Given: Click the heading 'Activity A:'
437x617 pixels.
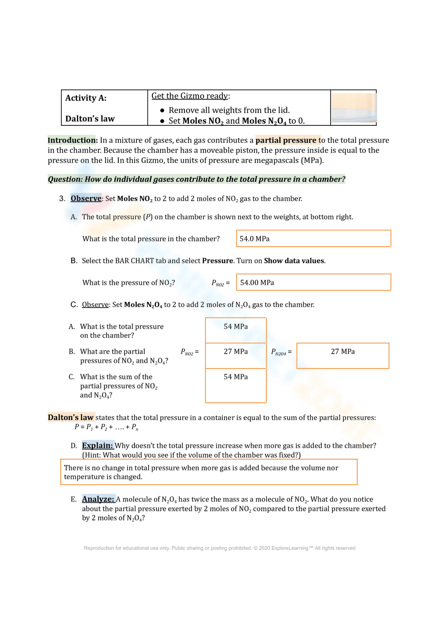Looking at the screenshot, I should click(86, 98).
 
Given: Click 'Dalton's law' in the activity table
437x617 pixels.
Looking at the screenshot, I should click(90, 119).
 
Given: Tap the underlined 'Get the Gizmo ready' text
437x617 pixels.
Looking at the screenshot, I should click(190, 96).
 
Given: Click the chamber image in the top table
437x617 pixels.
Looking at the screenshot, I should click(353, 107).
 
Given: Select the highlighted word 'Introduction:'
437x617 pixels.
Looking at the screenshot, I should click(72, 140).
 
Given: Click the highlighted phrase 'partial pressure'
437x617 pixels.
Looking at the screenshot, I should click(286, 140).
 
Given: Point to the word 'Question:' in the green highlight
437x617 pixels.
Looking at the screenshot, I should click(65, 179).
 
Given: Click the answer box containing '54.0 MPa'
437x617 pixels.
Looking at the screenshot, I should click(313, 238).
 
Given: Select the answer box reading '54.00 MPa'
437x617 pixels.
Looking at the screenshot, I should click(313, 283).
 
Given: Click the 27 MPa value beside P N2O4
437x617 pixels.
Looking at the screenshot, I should click(343, 352).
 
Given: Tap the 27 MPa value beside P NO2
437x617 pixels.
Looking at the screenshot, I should click(236, 352).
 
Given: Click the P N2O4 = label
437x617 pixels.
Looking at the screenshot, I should click(281, 352).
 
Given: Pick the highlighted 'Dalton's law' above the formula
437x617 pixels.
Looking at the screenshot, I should click(70, 417).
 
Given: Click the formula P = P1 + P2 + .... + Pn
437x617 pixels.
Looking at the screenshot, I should click(106, 427).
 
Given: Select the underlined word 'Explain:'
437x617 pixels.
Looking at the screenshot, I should click(97, 445).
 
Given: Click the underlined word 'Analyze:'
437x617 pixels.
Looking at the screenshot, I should click(98, 499).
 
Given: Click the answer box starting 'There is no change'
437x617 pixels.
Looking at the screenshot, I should click(208, 472).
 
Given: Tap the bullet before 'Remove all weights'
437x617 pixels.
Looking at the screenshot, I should click(162, 110).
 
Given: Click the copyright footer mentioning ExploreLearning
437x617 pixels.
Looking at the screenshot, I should click(219, 548).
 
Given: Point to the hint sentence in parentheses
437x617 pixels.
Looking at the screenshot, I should click(191, 455).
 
